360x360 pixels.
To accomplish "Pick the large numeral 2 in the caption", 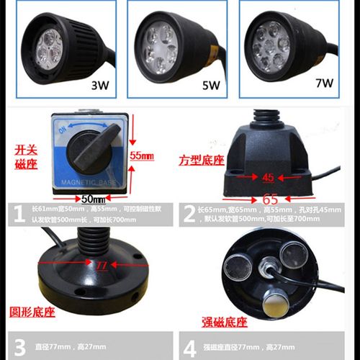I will [x=189, y=213].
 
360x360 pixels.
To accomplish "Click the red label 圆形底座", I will [x=29, y=311].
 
